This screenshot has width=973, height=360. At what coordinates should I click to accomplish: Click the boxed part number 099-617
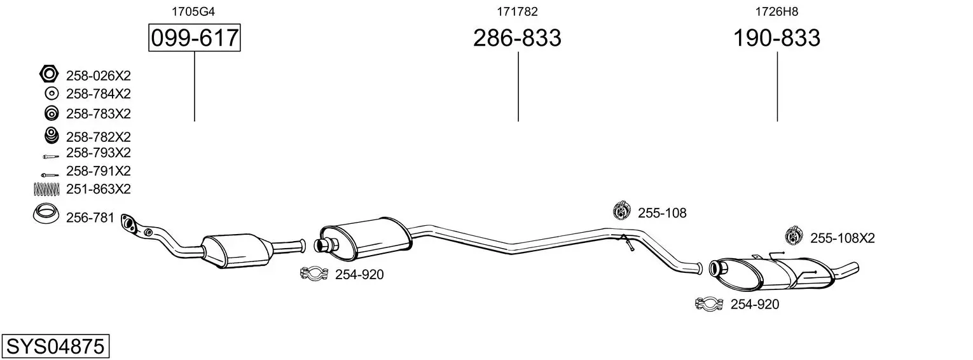tap(194, 38)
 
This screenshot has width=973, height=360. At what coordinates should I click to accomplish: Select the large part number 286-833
tap(517, 38)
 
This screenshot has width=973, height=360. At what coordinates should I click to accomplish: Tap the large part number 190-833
tap(776, 38)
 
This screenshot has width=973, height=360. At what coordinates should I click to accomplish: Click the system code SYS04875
tap(55, 346)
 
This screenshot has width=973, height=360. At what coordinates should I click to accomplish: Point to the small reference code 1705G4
tap(193, 11)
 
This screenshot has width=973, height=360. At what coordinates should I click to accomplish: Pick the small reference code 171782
tap(517, 11)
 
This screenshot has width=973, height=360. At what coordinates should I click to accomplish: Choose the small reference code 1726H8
tap(776, 11)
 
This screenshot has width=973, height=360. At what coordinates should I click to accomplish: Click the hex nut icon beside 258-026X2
tap(48, 74)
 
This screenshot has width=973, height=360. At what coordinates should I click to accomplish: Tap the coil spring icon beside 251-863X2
tap(46, 190)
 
